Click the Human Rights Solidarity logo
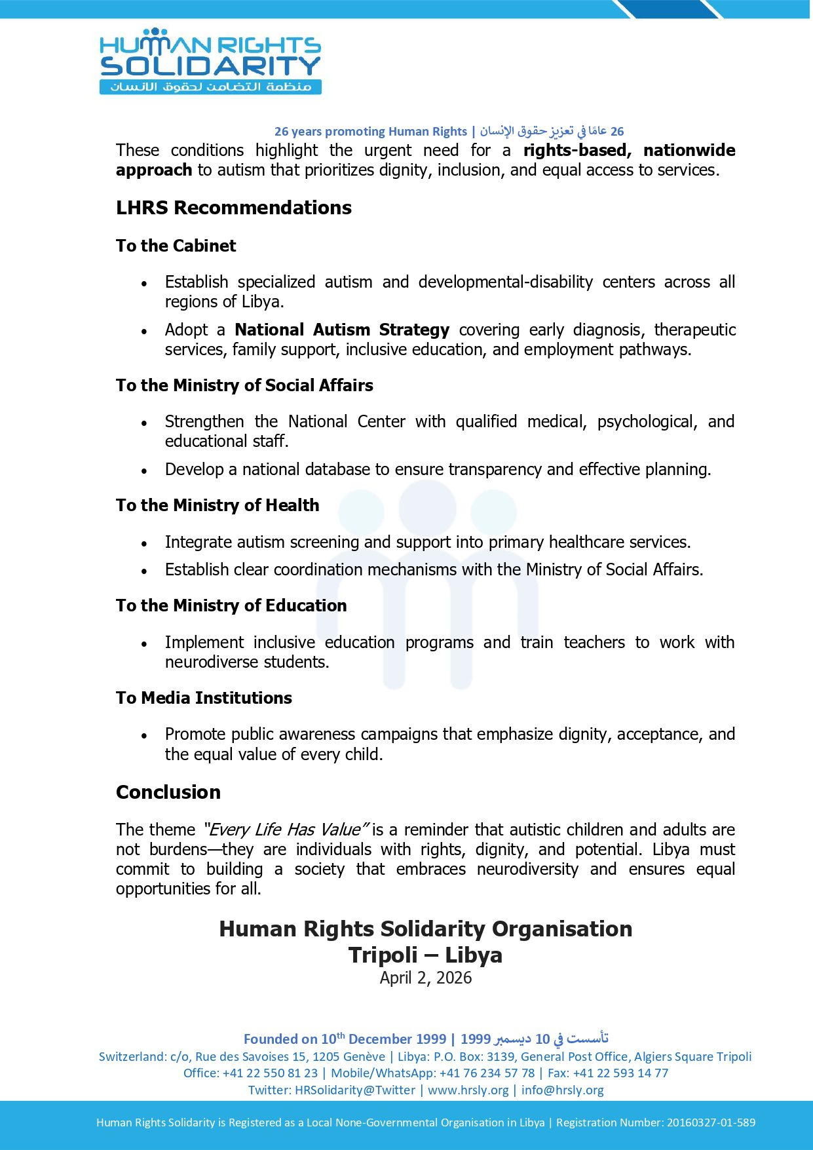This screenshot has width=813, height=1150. click(210, 61)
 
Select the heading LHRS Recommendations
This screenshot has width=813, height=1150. click(234, 208)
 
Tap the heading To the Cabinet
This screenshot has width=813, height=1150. click(176, 246)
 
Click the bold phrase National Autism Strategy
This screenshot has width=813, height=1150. click(342, 330)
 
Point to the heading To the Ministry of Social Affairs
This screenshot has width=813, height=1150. click(244, 385)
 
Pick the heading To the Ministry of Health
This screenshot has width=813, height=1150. click(217, 505)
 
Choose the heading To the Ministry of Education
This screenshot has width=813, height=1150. click(231, 605)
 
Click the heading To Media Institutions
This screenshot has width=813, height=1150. click(204, 698)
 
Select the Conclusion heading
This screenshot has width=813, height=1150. click(168, 792)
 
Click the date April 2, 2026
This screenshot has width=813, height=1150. click(426, 978)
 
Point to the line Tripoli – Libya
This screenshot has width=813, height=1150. click(426, 955)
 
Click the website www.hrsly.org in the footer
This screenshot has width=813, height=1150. click(468, 1090)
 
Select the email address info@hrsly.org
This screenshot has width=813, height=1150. click(562, 1090)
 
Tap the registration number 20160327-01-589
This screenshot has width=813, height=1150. click(711, 1122)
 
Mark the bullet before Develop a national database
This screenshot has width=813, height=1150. click(144, 470)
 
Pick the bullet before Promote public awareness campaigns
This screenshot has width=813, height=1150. click(144, 735)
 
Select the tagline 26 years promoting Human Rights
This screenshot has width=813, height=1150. click(370, 132)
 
